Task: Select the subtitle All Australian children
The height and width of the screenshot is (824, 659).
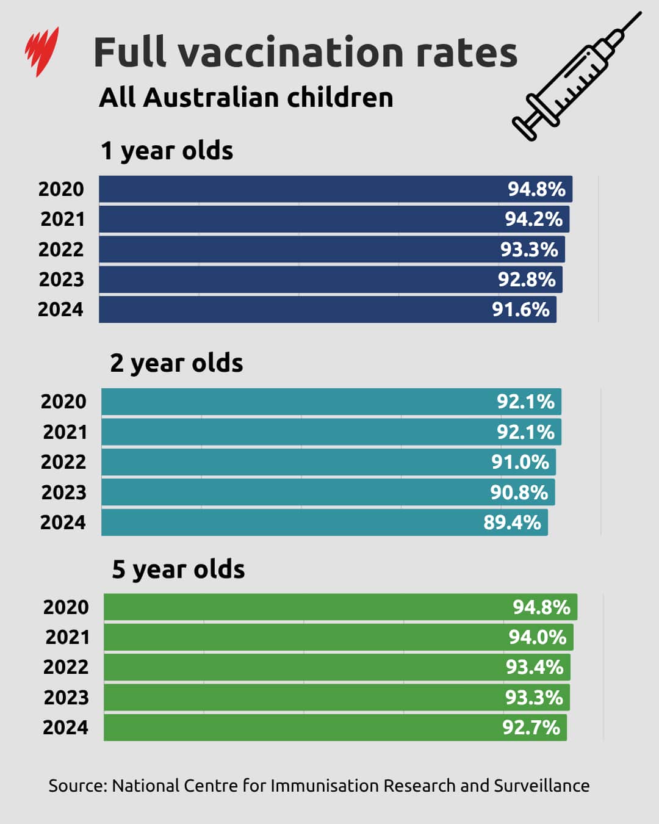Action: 246,98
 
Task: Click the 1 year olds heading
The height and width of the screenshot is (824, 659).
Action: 167,151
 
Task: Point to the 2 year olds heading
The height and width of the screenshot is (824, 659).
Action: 176,363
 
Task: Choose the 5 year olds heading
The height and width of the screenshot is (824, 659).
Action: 178,569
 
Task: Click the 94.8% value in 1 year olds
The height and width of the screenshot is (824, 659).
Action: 536,189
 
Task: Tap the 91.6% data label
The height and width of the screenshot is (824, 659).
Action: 520,309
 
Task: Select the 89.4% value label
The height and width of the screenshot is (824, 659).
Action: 512,522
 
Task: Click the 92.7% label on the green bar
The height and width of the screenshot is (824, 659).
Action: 531,728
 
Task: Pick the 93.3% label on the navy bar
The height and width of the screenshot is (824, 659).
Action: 529,250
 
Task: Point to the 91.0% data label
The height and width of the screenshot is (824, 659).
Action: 520,462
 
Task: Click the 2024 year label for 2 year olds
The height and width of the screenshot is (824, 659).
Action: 63,522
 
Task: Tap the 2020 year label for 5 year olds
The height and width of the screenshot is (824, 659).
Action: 66,607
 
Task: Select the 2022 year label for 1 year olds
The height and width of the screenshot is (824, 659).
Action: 61,250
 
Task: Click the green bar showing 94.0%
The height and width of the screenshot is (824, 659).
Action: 305,637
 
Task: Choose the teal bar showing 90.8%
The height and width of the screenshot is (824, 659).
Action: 293,492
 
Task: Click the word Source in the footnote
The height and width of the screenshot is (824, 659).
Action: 77,786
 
